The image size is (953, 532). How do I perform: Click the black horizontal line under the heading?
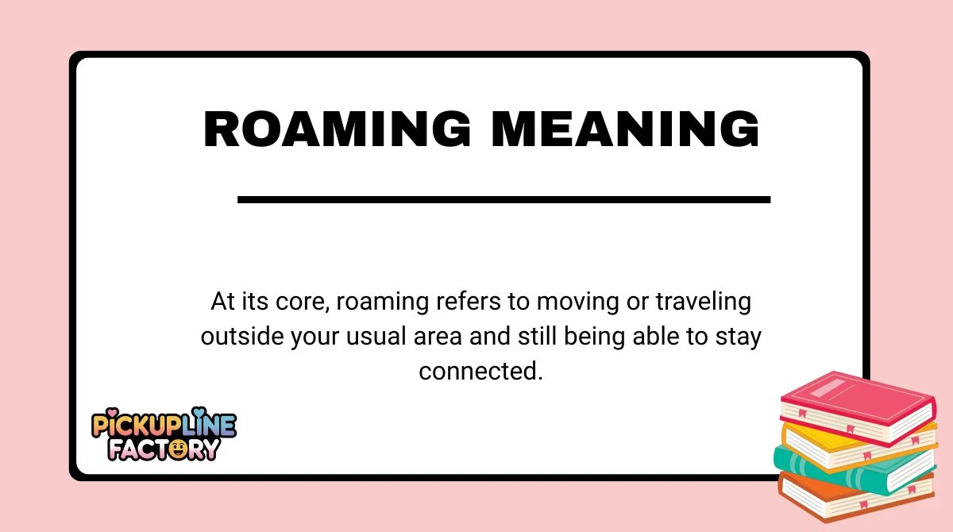point(504,199)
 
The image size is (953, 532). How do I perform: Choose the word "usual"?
point(376,336)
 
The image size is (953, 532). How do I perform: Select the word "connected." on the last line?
point(480,370)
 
